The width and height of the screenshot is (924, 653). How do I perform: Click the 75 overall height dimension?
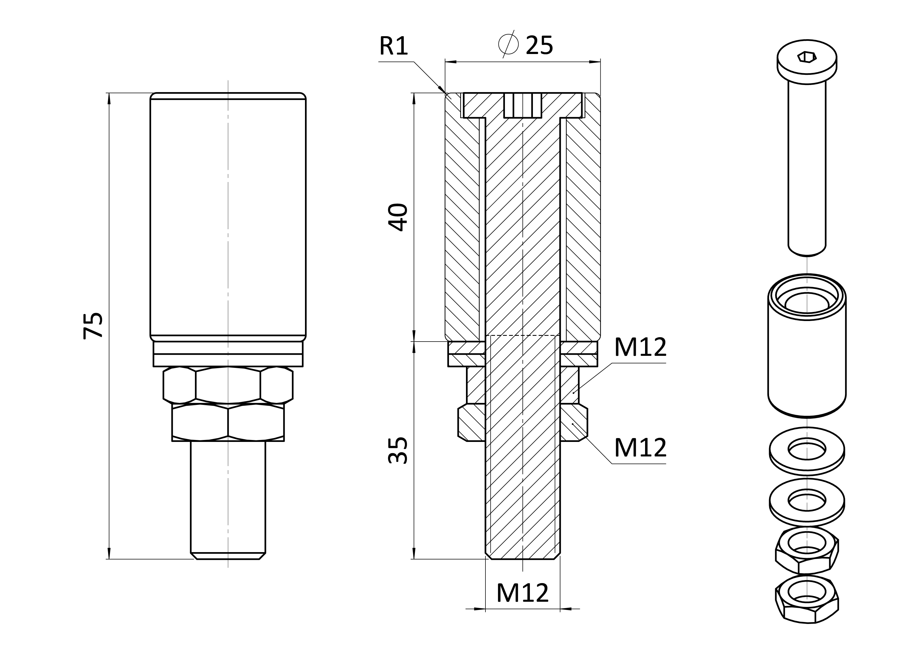(93, 325)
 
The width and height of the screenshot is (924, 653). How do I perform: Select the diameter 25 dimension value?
(539, 45)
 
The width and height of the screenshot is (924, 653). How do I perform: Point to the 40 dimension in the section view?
(398, 217)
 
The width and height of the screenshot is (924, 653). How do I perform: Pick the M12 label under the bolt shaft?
(522, 593)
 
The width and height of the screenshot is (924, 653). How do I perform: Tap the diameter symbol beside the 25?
(508, 44)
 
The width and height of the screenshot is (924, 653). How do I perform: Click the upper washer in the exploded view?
(807, 451)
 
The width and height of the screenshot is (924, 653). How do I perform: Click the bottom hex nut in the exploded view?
(807, 599)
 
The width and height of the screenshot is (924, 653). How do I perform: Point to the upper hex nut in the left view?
(228, 385)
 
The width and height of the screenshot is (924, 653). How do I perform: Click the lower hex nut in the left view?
(228, 422)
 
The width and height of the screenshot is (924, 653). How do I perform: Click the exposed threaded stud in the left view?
(228, 500)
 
